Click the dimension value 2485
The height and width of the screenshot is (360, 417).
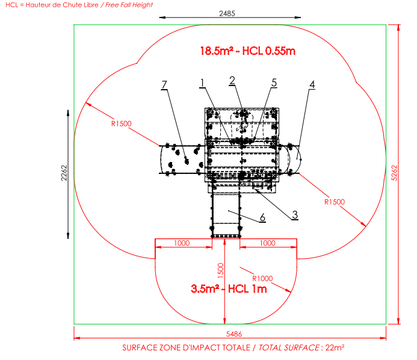[227, 13]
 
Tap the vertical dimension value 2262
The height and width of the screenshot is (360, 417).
[64, 173]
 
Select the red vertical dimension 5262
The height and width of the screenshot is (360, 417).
[395, 173]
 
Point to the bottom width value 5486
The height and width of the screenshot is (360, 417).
[234, 334]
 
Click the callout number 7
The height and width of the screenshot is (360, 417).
[164, 85]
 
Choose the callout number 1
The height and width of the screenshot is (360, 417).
[202, 83]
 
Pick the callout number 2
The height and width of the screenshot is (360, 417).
[232, 80]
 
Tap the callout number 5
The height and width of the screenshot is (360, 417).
[274, 82]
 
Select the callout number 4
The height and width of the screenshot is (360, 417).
[312, 85]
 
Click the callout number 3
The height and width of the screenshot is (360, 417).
[295, 215]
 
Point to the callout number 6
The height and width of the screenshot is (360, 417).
[262, 217]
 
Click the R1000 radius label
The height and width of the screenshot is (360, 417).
[262, 279]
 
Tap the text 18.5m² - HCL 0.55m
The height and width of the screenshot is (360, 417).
[247, 51]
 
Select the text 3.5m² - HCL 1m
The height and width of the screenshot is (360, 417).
[229, 289]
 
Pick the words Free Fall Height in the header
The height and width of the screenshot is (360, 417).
[129, 5]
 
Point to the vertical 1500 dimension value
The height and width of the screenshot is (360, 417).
[220, 270]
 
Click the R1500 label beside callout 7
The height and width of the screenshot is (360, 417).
[122, 124]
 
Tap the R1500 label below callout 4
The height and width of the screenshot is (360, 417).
[335, 202]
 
